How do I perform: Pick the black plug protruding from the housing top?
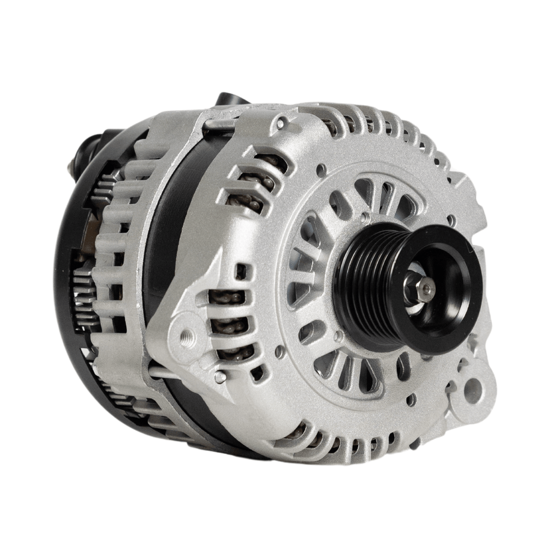tap(231, 106)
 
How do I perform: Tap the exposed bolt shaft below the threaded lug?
tap(180, 373)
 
